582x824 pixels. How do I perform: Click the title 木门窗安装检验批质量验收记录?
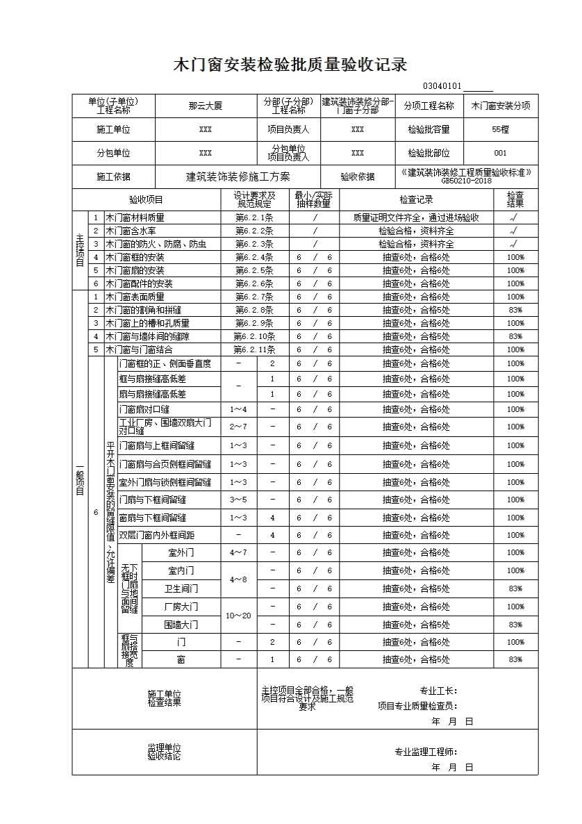(x=290, y=65)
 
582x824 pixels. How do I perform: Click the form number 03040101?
(x=442, y=86)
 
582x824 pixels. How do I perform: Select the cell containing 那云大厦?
(x=206, y=106)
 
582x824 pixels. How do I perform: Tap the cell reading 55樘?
(x=500, y=129)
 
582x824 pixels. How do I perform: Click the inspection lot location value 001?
(x=500, y=153)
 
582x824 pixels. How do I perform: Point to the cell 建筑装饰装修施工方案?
(x=238, y=176)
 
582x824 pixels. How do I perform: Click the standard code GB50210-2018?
(x=466, y=181)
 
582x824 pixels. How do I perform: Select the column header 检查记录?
(x=416, y=200)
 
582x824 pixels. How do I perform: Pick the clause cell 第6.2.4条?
(x=254, y=257)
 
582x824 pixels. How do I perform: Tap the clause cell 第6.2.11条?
(x=254, y=349)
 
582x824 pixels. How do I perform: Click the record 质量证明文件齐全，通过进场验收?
(x=416, y=217)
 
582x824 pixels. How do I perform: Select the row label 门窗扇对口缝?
(x=144, y=409)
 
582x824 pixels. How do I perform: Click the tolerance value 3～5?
(x=238, y=500)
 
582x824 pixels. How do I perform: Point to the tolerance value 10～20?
(x=238, y=616)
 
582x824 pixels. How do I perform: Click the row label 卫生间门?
(x=181, y=588)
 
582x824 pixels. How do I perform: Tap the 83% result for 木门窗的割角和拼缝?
(x=515, y=310)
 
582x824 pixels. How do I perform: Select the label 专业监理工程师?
(x=426, y=751)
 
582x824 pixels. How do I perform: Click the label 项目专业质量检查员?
(x=417, y=706)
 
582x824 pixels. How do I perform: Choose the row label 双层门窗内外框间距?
(x=157, y=535)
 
